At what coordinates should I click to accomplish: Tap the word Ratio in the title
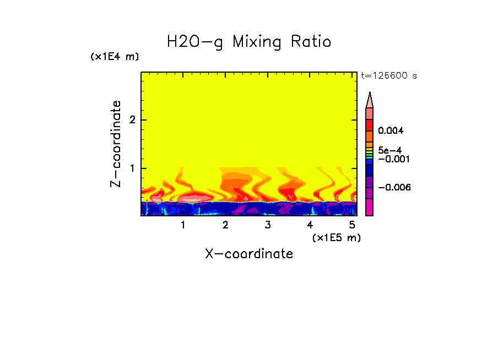[312, 41]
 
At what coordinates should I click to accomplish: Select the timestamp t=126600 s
[389, 76]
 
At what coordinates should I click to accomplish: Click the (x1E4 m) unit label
[115, 57]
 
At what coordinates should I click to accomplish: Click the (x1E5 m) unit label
[336, 237]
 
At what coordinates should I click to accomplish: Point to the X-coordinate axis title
[249, 254]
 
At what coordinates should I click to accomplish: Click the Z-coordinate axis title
[116, 144]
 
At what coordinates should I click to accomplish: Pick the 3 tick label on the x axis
[267, 225]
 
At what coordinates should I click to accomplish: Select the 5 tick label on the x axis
[351, 225]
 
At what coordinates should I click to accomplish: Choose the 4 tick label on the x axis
[310, 225]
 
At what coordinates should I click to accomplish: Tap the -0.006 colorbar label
[394, 188]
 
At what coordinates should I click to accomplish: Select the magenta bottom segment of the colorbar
[369, 207]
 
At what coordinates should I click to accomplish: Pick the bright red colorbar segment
[369, 124]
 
